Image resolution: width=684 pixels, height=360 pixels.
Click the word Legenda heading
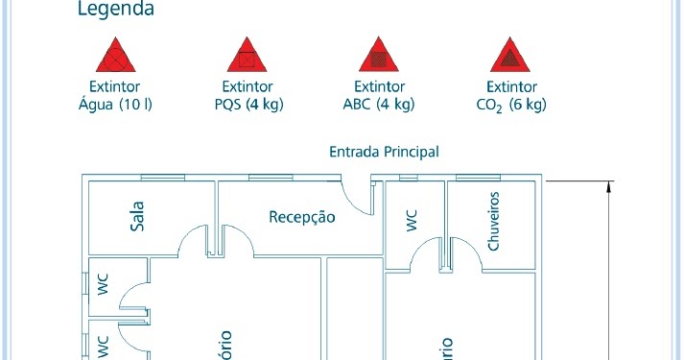(116, 11)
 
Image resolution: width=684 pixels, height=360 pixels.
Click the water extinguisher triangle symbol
(116, 58)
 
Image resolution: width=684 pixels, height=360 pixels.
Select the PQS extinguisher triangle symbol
(248, 58)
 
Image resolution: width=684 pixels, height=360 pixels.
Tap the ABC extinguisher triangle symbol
(378, 58)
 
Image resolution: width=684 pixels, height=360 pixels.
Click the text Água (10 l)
(116, 104)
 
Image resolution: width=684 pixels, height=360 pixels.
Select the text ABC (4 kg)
(378, 104)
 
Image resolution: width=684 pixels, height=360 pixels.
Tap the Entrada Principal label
(384, 152)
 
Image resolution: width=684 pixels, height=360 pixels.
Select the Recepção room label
(302, 217)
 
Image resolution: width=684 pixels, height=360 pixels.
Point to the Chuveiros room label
(494, 220)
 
